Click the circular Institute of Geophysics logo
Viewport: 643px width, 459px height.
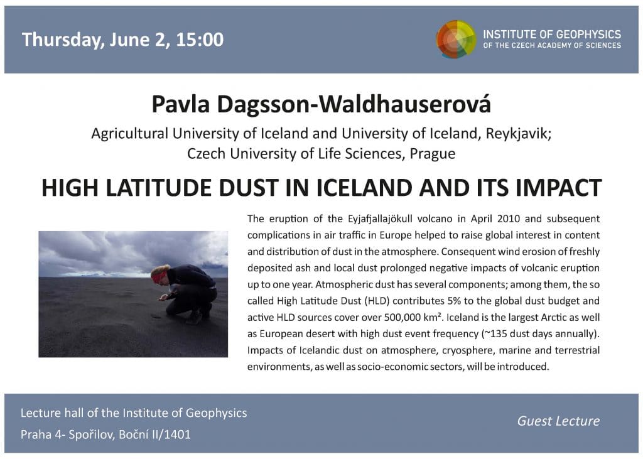coord(456,40)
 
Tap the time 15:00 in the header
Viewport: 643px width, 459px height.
coord(200,40)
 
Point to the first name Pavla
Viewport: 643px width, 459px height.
coord(181,104)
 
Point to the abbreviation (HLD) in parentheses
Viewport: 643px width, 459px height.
coord(377,301)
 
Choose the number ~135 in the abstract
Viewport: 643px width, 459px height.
coord(495,334)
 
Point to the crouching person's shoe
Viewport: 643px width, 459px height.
coord(193,317)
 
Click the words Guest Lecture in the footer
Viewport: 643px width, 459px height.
coord(558,421)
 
